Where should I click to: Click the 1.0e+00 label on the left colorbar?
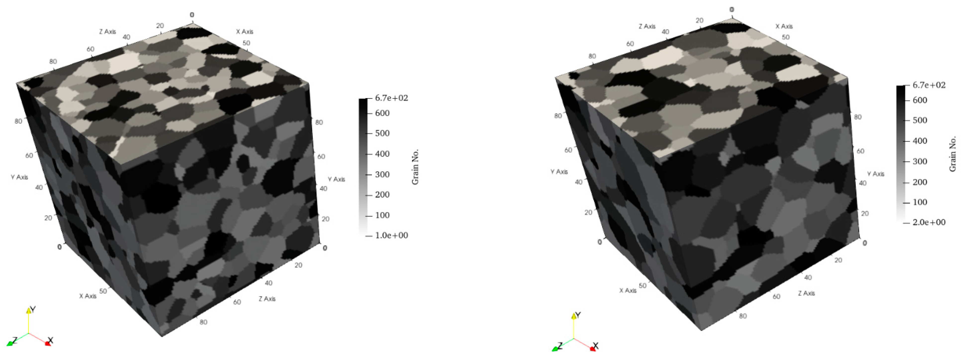(x=391, y=235)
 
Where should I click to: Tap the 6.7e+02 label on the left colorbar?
(x=391, y=98)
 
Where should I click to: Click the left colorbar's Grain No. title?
(x=415, y=167)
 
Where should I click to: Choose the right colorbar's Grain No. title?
(x=953, y=154)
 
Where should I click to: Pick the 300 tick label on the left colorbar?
(x=382, y=174)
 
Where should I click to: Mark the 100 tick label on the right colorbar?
(x=920, y=202)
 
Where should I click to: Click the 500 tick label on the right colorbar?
(x=920, y=120)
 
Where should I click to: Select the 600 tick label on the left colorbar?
(x=382, y=113)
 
